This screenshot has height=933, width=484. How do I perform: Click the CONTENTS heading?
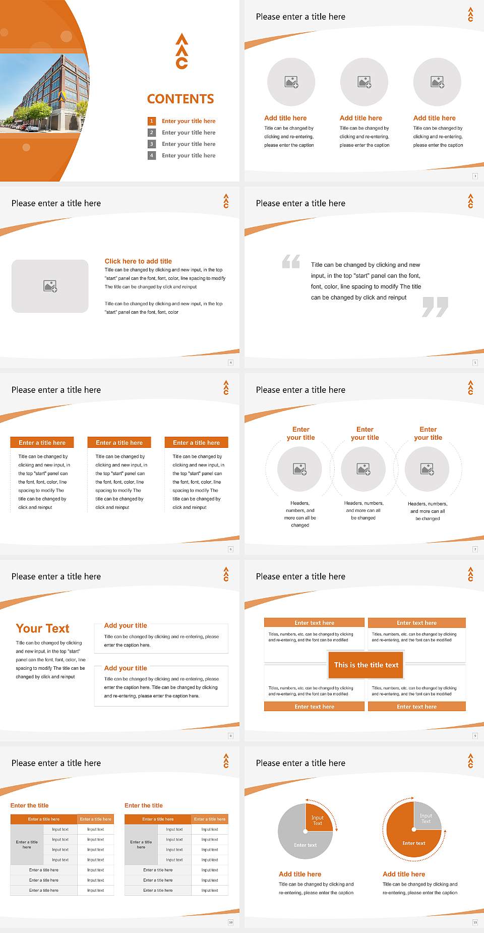point(180,99)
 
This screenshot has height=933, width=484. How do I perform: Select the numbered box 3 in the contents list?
point(151,144)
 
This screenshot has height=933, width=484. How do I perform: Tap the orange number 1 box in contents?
point(151,121)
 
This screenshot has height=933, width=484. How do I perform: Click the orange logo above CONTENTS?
point(182,51)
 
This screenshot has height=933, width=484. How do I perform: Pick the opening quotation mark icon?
point(291,261)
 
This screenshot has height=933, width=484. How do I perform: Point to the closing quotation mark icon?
point(435,307)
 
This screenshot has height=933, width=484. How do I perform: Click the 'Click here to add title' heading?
point(138,261)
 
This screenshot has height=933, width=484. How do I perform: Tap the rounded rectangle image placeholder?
point(50,286)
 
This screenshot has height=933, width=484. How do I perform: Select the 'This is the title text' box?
point(366,665)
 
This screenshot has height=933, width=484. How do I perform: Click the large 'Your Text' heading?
point(42,628)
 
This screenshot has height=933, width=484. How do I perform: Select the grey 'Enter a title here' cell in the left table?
point(27,844)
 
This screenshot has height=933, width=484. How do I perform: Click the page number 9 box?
point(475,736)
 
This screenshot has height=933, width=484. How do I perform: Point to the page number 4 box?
point(230,363)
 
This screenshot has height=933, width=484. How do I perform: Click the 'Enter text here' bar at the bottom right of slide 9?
point(416,707)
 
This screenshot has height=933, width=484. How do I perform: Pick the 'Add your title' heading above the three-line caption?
point(126,668)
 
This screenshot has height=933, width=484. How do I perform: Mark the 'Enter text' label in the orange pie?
point(413,843)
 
